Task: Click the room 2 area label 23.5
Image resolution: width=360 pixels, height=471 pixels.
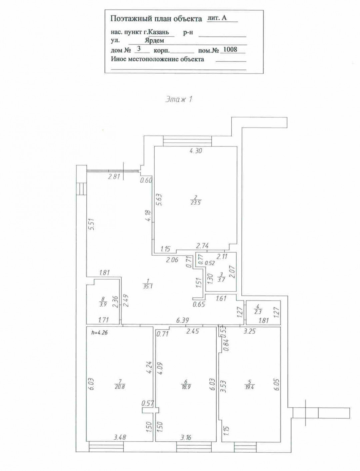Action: click(196, 202)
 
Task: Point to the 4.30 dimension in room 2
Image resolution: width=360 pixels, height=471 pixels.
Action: click(196, 151)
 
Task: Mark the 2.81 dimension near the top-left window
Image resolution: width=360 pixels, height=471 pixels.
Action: click(114, 177)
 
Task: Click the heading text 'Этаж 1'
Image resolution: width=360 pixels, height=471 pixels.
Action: click(179, 99)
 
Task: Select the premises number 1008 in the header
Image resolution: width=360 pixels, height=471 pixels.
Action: click(230, 49)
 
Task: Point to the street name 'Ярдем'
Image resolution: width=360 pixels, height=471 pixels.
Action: click(154, 41)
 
